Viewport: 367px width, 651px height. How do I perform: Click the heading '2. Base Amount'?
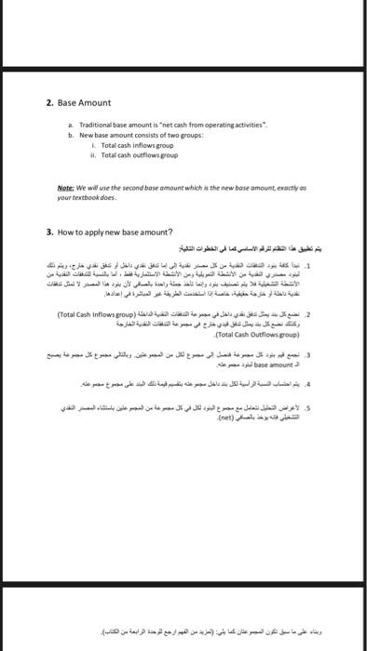tap(78, 102)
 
